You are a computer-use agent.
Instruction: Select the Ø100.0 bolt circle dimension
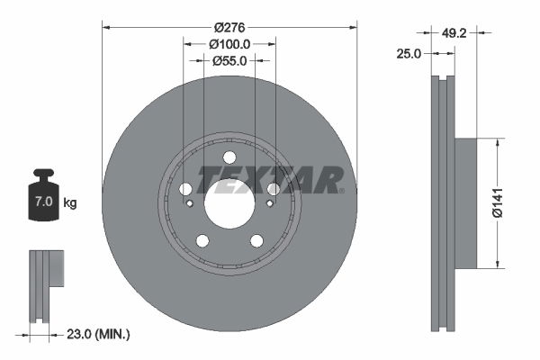click(x=229, y=44)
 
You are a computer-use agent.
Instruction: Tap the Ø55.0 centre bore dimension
click(x=229, y=61)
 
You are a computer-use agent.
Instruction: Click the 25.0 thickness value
click(x=410, y=54)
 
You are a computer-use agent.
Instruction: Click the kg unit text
click(x=70, y=202)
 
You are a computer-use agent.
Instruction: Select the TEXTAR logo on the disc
click(x=270, y=179)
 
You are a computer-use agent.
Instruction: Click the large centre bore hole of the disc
click(x=229, y=204)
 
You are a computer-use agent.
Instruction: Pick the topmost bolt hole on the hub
click(x=229, y=157)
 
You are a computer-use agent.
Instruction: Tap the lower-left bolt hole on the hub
click(x=202, y=240)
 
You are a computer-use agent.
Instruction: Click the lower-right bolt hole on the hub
click(x=256, y=240)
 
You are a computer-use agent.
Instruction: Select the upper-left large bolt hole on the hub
click(x=185, y=189)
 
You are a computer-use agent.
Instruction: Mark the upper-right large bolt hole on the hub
click(x=274, y=189)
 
